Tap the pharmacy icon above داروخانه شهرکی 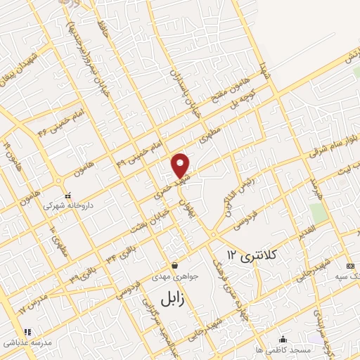point(67,195)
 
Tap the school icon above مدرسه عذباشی point(27,331)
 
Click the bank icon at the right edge point(350,266)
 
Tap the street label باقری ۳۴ point(122,252)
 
